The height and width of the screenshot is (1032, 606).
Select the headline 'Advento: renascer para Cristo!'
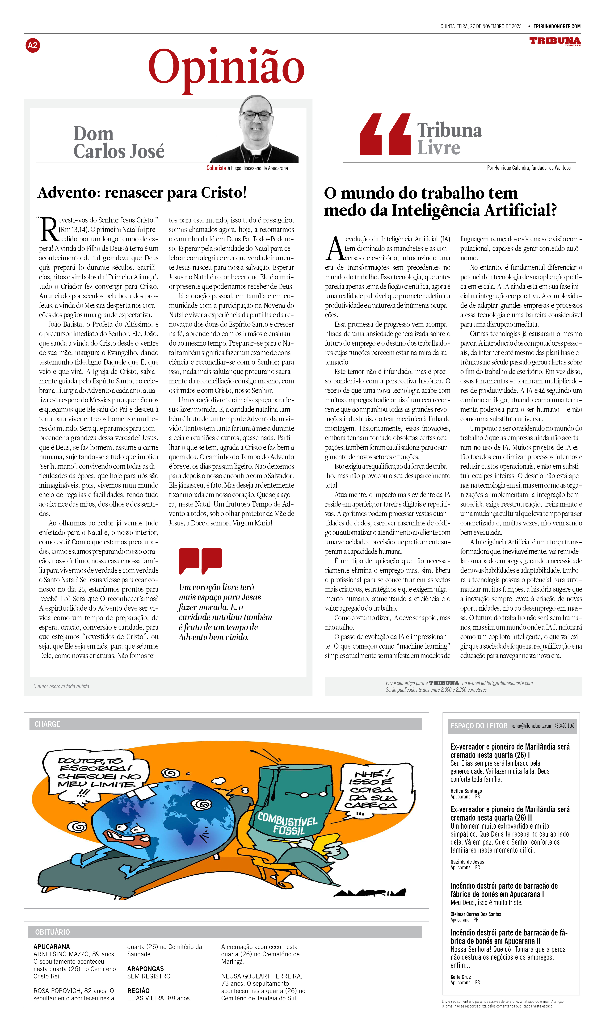(142, 193)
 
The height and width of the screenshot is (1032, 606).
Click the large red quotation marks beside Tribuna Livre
(385, 134)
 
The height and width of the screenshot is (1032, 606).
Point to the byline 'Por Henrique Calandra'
(529, 168)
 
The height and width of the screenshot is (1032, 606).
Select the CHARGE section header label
(47, 724)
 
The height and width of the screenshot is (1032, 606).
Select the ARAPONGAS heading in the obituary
(145, 969)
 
